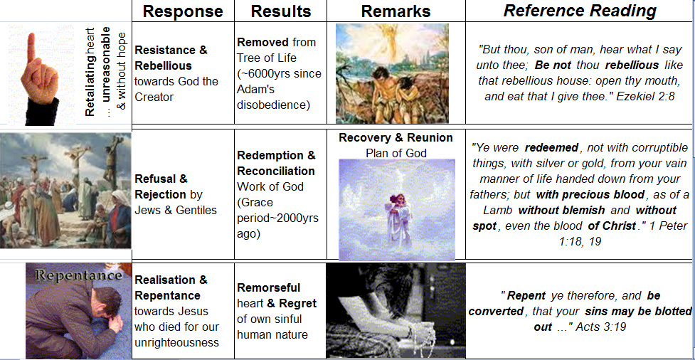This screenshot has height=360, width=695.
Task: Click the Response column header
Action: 183,11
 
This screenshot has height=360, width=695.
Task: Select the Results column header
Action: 281,11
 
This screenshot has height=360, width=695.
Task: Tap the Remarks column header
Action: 396,11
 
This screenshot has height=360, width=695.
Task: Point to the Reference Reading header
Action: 580,11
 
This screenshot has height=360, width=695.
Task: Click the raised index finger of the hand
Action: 31,49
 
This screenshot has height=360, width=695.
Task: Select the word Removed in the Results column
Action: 262,43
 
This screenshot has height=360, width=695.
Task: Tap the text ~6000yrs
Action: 262,73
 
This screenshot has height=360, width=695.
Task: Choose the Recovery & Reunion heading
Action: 396,138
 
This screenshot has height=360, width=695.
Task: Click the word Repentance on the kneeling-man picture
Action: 78,275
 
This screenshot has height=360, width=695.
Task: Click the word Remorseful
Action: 269,287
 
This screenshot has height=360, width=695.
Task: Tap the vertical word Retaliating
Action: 90,77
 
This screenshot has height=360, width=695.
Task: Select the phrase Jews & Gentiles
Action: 176,210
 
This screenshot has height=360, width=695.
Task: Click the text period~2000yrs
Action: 278,218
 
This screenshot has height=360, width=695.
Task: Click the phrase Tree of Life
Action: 266,58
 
